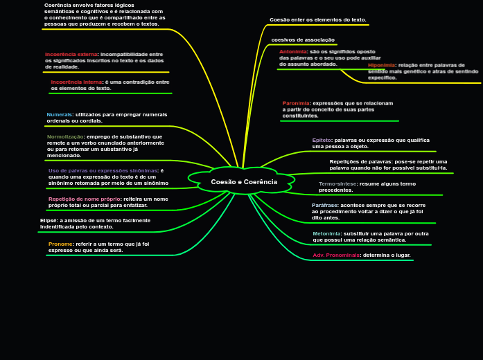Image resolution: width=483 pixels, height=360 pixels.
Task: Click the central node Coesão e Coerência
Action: pos(244,182)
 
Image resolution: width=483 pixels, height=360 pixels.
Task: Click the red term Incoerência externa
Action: pos(71,54)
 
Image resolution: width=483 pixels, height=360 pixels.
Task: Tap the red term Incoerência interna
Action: pos(76,82)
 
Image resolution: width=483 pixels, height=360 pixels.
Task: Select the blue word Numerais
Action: pos(60,114)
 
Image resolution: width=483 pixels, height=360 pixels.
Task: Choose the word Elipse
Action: pos(49,220)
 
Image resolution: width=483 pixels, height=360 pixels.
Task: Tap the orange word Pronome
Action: pos(60,244)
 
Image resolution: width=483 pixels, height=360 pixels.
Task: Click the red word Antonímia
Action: pos(293,51)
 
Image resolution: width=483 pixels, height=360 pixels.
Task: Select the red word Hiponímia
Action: pos(381,64)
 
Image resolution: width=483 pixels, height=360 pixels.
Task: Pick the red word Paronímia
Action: pos(296,103)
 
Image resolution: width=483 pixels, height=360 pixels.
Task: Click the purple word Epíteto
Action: pos(322,140)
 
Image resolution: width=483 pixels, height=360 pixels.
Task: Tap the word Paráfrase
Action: pos(325,205)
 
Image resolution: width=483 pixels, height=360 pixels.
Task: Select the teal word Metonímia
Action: pos(327,233)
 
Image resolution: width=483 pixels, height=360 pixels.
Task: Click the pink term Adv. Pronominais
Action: pos(336,255)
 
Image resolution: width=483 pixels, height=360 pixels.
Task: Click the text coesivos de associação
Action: pos(303,39)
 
